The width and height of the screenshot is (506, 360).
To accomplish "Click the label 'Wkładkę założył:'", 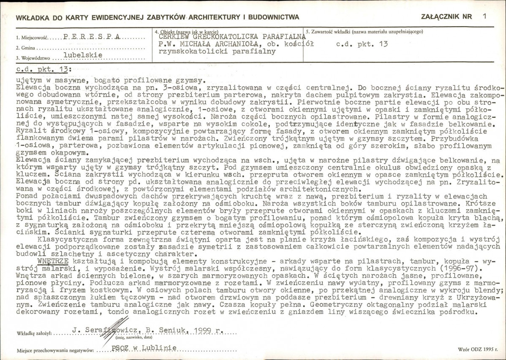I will click(x=34, y=333).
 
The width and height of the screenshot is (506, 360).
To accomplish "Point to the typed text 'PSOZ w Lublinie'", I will click(x=144, y=348).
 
